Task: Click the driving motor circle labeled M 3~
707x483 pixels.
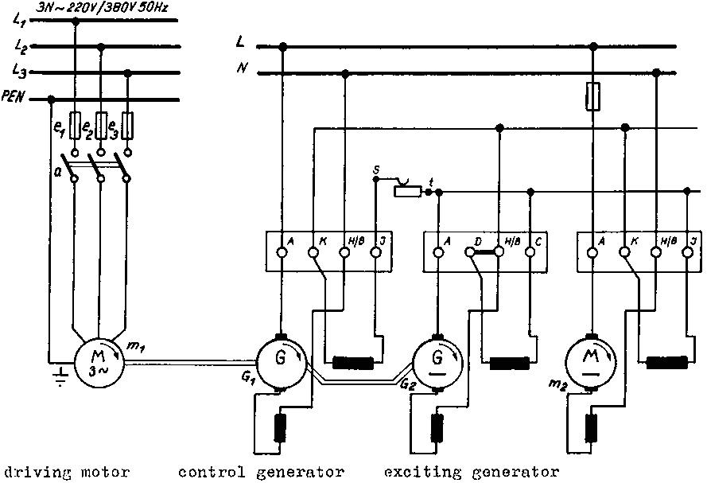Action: (99, 363)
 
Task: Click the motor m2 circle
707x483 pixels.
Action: (591, 363)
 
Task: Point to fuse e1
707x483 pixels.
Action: (76, 127)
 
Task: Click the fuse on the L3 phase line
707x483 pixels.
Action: (126, 127)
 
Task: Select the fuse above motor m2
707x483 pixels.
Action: (591, 98)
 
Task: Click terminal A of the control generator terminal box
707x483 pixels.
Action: (281, 253)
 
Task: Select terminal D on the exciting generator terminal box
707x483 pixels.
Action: (470, 253)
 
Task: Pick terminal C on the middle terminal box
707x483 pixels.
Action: (530, 253)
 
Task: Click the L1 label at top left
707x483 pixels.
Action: (20, 21)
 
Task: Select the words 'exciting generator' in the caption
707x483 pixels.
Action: (471, 472)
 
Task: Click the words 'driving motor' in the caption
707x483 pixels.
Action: (65, 472)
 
